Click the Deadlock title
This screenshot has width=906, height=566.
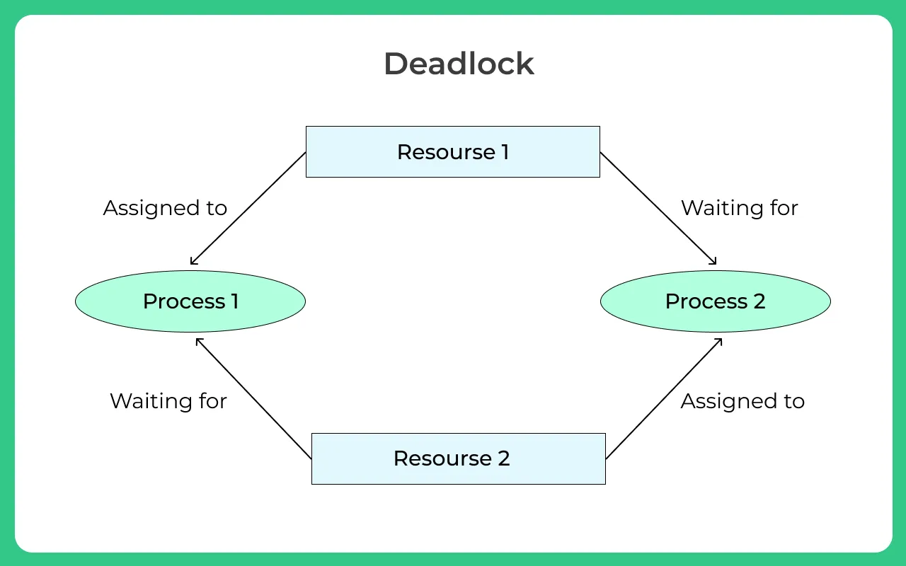coord(459,64)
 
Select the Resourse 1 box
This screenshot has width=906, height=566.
coord(452,151)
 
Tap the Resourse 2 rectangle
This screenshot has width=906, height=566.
coord(458,458)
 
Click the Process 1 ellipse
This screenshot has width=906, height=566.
coord(190,301)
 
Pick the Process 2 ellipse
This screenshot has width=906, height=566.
coord(715,301)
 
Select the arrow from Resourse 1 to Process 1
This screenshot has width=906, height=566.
coord(248,209)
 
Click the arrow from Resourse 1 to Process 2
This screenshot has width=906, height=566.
coord(658,209)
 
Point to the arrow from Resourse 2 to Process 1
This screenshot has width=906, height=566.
coord(253,398)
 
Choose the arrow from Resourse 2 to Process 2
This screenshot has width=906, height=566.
coord(664,398)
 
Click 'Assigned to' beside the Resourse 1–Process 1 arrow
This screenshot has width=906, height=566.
coord(165,208)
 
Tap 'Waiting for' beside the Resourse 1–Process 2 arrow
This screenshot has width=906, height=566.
coord(739,208)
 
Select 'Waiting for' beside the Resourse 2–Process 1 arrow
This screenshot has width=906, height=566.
coord(168,401)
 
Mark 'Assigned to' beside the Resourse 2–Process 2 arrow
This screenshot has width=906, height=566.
coord(742,401)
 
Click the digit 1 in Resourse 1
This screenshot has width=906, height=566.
coord(505,152)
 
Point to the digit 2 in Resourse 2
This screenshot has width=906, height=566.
coord(504,458)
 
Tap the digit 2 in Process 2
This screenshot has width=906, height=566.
coord(759,301)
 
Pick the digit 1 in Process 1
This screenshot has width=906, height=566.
coord(234,301)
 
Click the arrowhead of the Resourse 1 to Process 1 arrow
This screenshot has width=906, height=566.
coord(193,262)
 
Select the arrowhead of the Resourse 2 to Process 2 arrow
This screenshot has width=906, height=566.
coord(719,340)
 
